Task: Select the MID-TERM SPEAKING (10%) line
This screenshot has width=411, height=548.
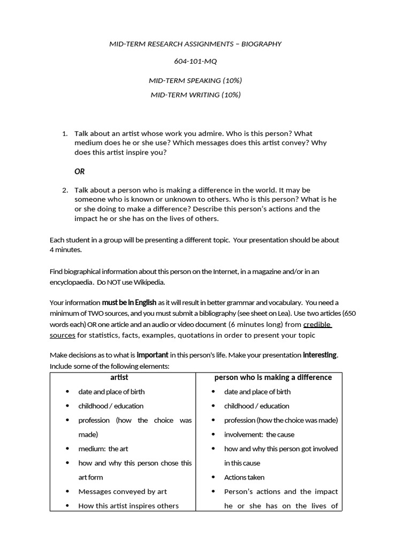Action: pos(195,80)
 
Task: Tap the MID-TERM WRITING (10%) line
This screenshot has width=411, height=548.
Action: pos(195,95)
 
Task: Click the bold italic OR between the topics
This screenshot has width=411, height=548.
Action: pos(79,172)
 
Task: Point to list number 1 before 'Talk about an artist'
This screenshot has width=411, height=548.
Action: pos(65,133)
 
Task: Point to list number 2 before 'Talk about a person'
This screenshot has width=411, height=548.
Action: pos(65,190)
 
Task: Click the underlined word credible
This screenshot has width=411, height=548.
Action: pos(317,325)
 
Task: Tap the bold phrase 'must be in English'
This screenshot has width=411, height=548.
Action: pos(130,302)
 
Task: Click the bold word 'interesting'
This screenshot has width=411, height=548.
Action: pos(320,355)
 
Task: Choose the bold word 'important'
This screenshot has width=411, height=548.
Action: pos(153,355)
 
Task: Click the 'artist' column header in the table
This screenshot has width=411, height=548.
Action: pos(123,377)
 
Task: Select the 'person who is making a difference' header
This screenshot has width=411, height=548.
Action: pos(273,377)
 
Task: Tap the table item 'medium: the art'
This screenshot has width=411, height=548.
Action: pos(103,448)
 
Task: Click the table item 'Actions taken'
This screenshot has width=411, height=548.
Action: pos(244,477)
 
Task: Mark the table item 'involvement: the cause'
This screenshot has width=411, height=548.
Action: pos(259,435)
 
